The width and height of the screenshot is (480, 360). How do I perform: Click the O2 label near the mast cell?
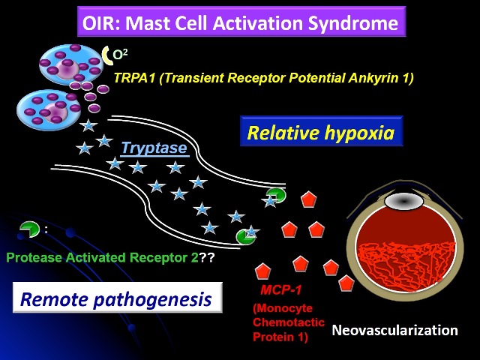coord(120,55)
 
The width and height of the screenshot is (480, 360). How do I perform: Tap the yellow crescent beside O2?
coord(106,55)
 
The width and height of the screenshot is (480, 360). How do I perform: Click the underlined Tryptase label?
coord(154,148)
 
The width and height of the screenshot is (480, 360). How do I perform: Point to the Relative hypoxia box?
coord(321,131)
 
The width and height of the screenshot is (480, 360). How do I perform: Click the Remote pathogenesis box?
coord(118,298)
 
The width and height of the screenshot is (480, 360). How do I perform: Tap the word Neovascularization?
coord(395,330)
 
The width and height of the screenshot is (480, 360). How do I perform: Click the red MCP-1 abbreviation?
coord(281,289)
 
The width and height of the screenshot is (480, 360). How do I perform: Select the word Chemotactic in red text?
coord(289,322)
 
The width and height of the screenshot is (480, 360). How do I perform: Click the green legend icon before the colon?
coord(29,229)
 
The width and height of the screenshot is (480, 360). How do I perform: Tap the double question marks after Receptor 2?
coord(207,257)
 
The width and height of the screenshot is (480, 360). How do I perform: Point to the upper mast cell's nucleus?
coord(67,67)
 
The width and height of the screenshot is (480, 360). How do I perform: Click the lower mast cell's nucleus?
coord(55,112)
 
